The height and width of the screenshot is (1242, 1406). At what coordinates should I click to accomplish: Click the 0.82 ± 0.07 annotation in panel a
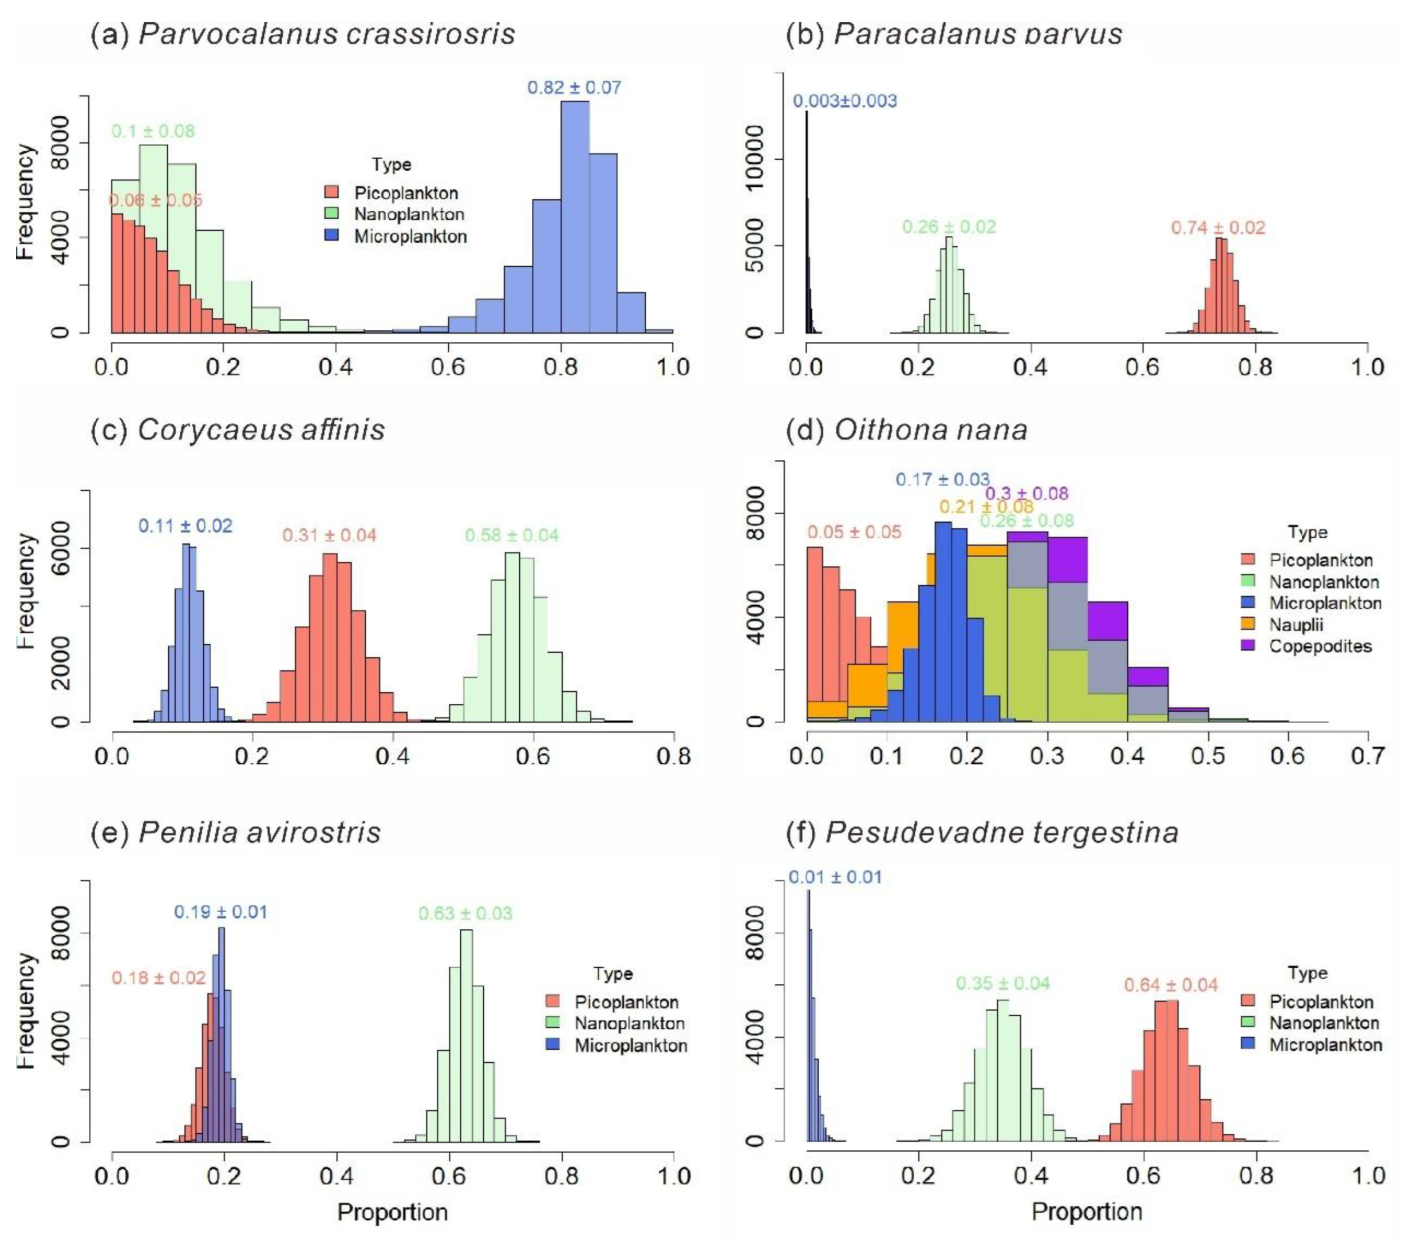(x=574, y=88)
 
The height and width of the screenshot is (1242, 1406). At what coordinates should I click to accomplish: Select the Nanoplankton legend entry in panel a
(x=409, y=214)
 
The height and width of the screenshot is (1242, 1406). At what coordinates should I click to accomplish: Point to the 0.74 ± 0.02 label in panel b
(x=1218, y=228)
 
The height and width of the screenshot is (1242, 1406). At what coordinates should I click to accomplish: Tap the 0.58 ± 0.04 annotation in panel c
(x=511, y=535)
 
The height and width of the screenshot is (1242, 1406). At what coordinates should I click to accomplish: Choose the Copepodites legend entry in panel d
(x=1320, y=646)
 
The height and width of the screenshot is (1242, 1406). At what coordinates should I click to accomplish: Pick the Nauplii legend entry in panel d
(x=1296, y=625)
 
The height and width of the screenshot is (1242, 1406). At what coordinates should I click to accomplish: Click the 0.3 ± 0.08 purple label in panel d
(x=1026, y=494)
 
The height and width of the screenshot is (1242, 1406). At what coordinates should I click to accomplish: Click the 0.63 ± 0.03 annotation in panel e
(x=465, y=914)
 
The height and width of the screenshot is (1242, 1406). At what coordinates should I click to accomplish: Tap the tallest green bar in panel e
(x=465, y=1032)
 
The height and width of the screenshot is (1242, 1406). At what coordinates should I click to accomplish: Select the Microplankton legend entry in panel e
(x=630, y=1045)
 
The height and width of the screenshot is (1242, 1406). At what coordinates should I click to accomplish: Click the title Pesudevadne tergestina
(x=1001, y=833)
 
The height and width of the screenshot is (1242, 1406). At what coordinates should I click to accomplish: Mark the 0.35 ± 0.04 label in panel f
(x=1002, y=983)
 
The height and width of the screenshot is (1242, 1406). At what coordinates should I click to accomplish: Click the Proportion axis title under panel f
(x=1086, y=1211)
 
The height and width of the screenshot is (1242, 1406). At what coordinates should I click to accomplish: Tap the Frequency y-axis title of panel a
(x=25, y=202)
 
